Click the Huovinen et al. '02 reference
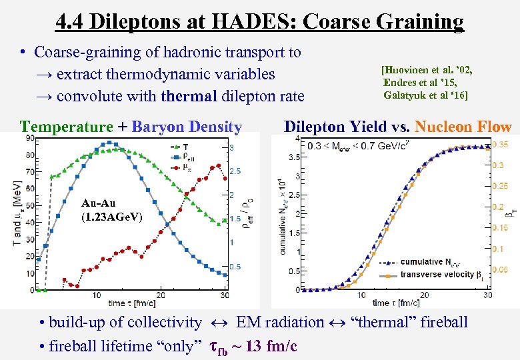coord(431,69)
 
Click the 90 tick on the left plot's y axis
coord(30,138)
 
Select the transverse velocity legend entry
coord(439,274)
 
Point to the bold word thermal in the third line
coord(189,96)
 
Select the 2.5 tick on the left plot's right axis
coord(235,171)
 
